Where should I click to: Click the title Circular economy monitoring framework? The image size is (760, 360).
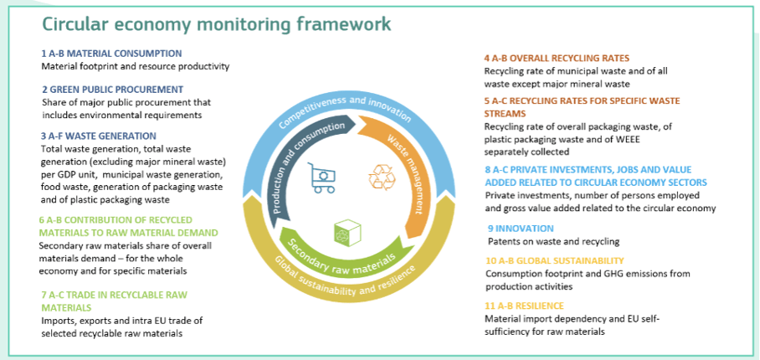point(217,23)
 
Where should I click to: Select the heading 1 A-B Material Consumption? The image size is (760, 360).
point(112,54)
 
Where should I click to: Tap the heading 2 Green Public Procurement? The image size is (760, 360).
point(112,90)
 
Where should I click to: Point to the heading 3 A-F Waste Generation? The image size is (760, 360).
point(99,136)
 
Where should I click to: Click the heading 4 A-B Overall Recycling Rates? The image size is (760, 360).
point(557,58)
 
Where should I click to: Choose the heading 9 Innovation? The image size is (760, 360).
point(521,229)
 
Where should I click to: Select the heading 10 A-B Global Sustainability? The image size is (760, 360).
point(555,260)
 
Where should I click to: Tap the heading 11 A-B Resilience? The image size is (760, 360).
point(525,306)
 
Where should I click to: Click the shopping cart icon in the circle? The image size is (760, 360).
point(321,178)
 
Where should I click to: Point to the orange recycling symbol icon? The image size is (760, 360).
point(382,177)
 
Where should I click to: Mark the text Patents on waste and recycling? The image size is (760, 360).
point(553,241)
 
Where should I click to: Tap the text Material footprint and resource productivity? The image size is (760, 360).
point(136,66)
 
